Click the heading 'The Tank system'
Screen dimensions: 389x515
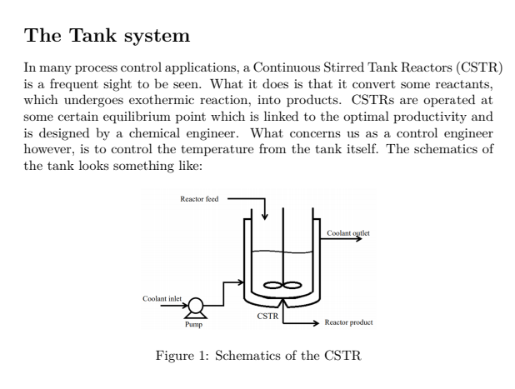[x=107, y=36]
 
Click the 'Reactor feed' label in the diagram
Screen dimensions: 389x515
[x=198, y=200]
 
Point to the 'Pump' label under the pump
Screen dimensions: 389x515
[x=193, y=325]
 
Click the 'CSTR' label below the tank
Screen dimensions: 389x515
[x=266, y=317]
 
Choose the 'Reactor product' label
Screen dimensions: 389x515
[x=348, y=322]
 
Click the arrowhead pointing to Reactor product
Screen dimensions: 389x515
[x=315, y=322]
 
